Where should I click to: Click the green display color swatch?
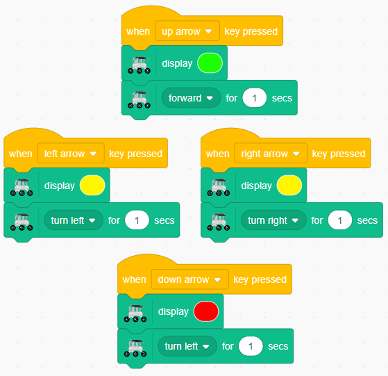210,63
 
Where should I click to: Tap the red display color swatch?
206,311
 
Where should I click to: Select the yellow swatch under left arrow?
92,186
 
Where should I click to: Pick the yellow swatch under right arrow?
289,186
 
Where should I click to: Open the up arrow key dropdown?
187,31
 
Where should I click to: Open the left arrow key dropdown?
71,154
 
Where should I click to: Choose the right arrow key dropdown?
271,154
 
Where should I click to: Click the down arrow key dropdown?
189,279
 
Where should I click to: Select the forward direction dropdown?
191,98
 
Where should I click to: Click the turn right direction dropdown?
273,220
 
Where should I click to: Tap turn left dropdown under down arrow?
187,346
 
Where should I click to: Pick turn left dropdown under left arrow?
74,220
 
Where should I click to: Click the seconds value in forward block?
255,98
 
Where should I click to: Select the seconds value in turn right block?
340,220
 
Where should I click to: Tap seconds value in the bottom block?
251,346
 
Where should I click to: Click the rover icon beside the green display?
139,65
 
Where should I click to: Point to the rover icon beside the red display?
135,313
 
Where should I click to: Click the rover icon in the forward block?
139,99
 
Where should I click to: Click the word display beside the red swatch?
174,311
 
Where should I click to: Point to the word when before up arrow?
138,31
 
